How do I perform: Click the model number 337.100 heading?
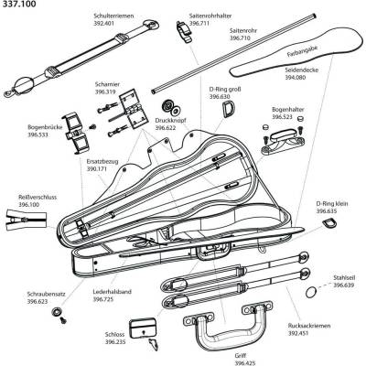[18, 5]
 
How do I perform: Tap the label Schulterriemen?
[113, 16]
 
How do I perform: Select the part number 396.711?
[199, 23]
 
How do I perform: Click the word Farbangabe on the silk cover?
[298, 50]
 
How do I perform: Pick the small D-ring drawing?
[329, 222]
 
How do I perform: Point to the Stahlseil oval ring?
[311, 292]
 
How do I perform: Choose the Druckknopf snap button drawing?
[171, 107]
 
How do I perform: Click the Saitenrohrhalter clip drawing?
[185, 31]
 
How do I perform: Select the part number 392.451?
[298, 333]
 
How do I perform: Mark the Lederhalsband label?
[112, 292]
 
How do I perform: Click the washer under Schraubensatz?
[57, 311]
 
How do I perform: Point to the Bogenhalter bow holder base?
[282, 143]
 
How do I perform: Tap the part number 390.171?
[97, 168]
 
